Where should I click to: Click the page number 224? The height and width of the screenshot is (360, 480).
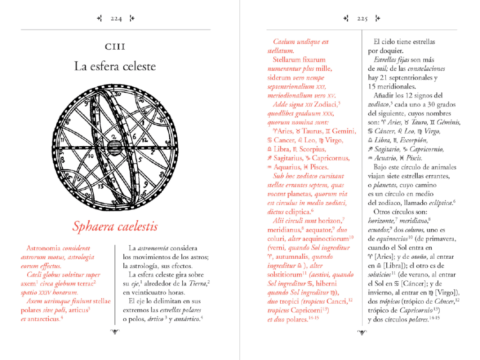coord(116,19)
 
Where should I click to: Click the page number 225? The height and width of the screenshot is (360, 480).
coord(362,19)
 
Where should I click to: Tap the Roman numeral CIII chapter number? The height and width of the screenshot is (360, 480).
coord(115,46)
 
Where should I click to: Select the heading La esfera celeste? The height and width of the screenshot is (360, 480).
coord(115,66)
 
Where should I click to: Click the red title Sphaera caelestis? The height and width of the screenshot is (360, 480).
coord(115,226)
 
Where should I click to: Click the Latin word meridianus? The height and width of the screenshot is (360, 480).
coord(285,230)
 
